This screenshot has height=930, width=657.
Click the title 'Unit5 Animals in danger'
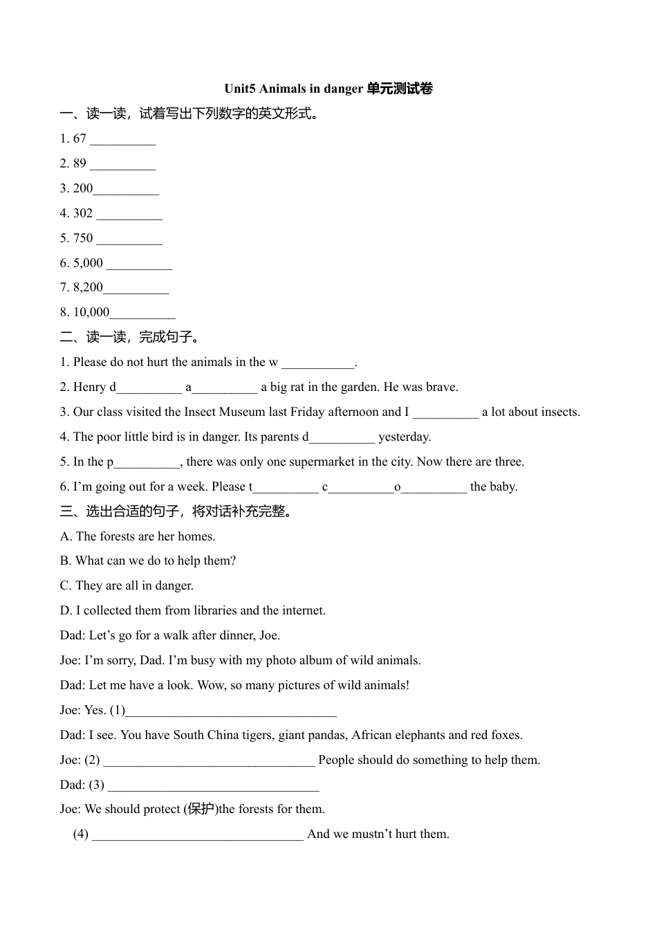(293, 89)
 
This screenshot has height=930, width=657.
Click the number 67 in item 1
(80, 138)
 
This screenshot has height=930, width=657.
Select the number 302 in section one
(83, 213)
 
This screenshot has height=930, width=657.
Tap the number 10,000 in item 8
(91, 312)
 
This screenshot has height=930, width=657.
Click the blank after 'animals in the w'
(317, 363)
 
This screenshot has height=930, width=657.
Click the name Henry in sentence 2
(89, 387)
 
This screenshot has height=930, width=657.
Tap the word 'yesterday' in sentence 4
(404, 437)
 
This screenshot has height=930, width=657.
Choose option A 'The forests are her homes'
(138, 536)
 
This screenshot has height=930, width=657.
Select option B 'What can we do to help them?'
(148, 560)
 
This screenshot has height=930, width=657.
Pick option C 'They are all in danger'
(127, 585)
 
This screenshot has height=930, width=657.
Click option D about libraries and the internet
(192, 610)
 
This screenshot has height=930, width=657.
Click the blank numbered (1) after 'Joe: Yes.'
(231, 711)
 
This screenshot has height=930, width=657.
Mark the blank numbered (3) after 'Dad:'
(214, 786)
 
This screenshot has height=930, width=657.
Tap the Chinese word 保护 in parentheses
(201, 809)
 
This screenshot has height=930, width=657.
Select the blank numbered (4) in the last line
(197, 835)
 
